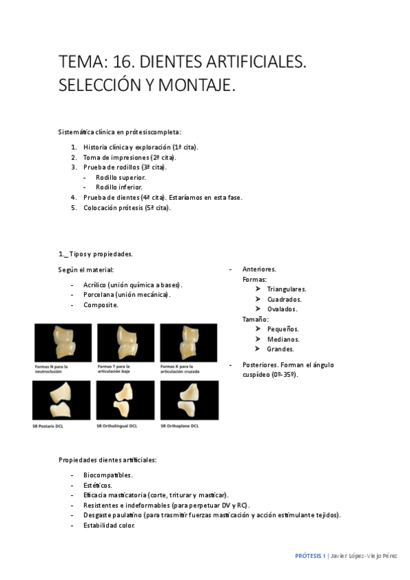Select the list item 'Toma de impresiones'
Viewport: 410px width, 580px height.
pos(129,157)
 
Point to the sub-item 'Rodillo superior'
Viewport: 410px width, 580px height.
pos(120,177)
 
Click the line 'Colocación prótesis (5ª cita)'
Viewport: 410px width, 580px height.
pos(127,207)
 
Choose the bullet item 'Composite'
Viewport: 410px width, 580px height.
pos(101,305)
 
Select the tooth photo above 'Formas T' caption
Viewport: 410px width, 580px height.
pos(125,342)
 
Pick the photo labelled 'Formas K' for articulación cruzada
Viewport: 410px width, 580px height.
pos(188,342)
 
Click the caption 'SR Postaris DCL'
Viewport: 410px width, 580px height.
pos(52,426)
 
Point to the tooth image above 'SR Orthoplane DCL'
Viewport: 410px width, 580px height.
pos(189,399)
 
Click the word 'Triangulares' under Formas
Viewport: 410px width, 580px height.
pos(287,289)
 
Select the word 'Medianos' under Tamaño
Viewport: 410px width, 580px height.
pos(283,339)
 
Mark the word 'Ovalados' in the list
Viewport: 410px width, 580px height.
pos(282,309)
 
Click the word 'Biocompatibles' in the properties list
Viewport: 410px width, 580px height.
pos(108,475)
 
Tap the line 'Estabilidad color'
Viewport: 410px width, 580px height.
pos(110,525)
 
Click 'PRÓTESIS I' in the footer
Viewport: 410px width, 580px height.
pos(309,557)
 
